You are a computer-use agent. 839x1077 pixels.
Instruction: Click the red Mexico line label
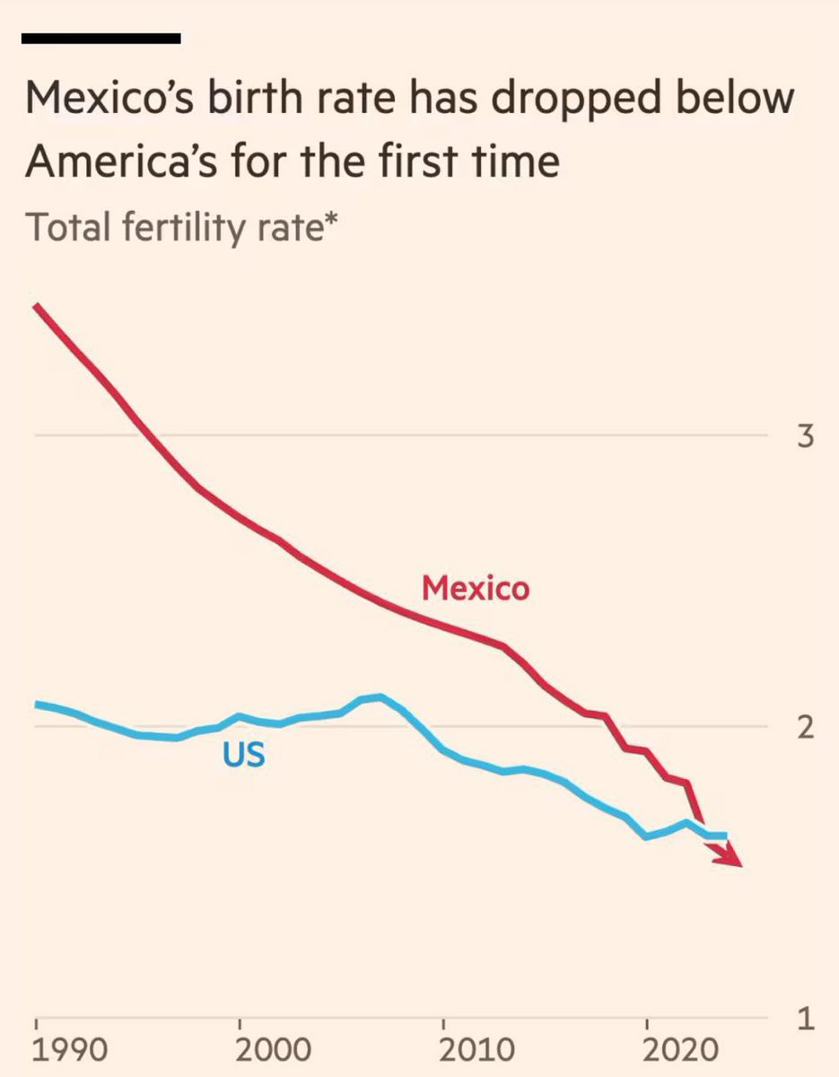pyautogui.click(x=476, y=589)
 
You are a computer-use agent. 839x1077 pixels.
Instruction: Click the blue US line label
pyautogui.click(x=244, y=755)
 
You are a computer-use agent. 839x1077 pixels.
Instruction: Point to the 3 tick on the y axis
pyautogui.click(x=805, y=439)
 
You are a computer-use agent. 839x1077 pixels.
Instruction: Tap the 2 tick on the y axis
pyautogui.click(x=805, y=728)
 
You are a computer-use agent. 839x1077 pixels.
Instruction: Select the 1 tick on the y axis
pyautogui.click(x=805, y=1020)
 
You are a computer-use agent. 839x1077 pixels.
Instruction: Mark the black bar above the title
pyautogui.click(x=101, y=39)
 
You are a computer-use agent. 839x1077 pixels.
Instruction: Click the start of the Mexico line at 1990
pyautogui.click(x=37, y=308)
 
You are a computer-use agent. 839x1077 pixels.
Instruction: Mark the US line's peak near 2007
pyautogui.click(x=380, y=696)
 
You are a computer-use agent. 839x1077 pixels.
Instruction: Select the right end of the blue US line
pyautogui.click(x=724, y=836)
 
